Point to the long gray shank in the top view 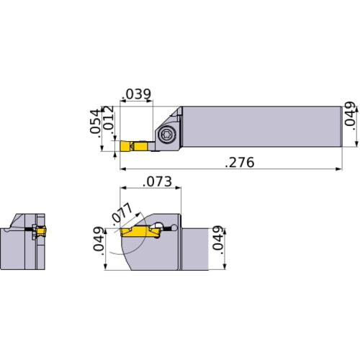point(259,127)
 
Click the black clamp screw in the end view point(31,230)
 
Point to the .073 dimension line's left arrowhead point(121,189)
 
